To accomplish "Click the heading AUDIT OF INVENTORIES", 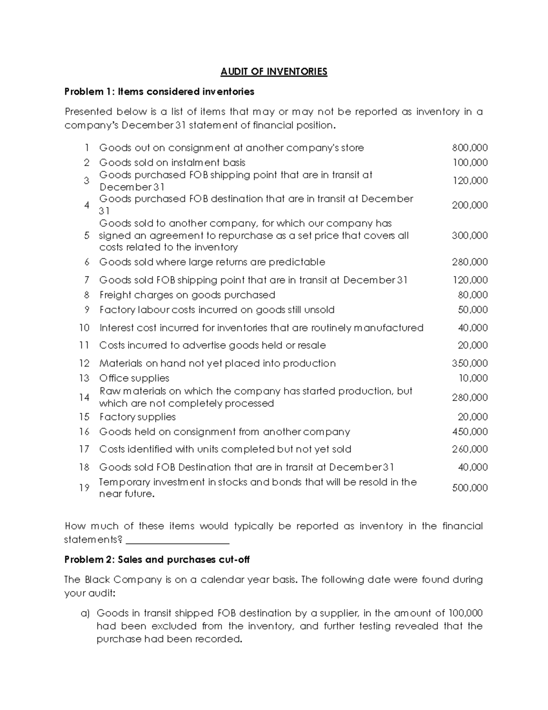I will click(x=274, y=72).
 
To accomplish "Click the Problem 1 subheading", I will click(x=159, y=92).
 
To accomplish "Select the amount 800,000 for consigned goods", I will click(x=470, y=148).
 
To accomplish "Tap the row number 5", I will click(x=87, y=235).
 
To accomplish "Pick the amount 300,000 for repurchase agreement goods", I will click(x=470, y=235).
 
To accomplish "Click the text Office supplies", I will click(x=134, y=378).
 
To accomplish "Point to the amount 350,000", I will click(x=470, y=363).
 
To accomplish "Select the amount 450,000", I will click(x=470, y=432).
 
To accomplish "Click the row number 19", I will click(x=84, y=488).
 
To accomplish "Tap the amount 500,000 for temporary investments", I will click(x=470, y=488).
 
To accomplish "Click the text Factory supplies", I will click(x=137, y=417).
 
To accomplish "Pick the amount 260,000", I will click(x=470, y=449).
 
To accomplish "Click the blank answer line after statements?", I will click(x=177, y=541).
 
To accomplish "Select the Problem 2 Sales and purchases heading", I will click(x=157, y=560).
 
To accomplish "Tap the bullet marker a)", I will click(x=85, y=613).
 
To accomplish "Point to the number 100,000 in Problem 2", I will click(x=466, y=613).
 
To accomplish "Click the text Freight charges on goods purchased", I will click(x=187, y=295).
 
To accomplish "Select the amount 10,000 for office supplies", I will click(x=473, y=378).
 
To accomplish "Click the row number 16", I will click(x=84, y=432).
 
